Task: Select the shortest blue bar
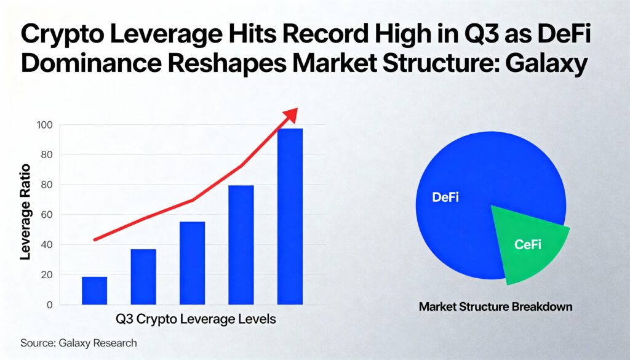[x=94, y=290]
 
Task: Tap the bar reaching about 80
[x=241, y=244]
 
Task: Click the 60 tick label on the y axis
[x=47, y=215]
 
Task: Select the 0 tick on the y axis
[x=49, y=305]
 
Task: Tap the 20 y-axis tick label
[x=47, y=275]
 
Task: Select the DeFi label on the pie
[x=446, y=198]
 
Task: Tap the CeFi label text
[x=527, y=245]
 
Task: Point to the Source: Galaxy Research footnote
[x=78, y=343]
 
